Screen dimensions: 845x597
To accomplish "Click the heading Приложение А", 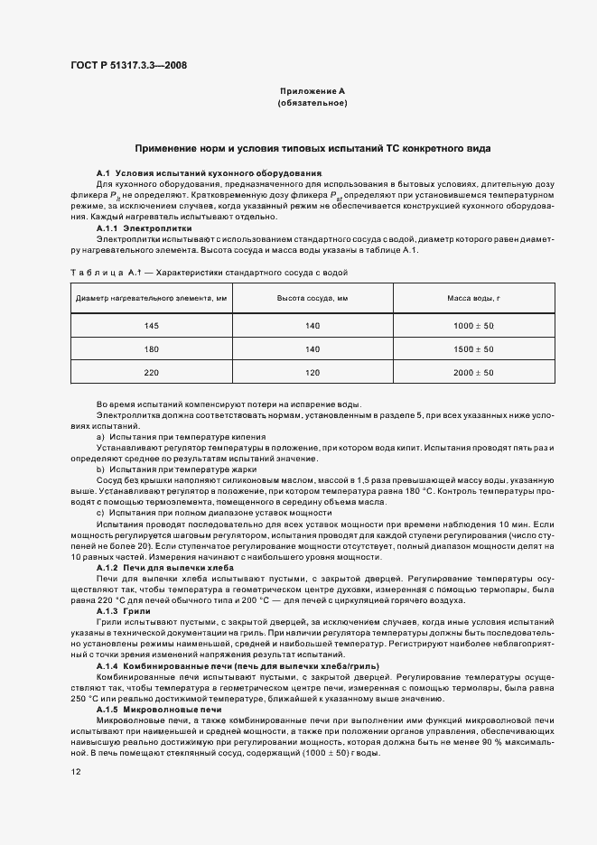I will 312,91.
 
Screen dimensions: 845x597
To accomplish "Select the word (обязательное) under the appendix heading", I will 312,104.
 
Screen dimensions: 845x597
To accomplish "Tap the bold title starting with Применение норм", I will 312,147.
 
